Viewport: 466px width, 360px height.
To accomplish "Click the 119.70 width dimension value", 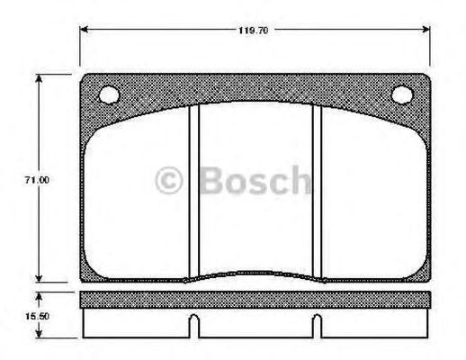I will click(255, 30).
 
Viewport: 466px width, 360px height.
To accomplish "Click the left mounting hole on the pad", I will click(109, 93).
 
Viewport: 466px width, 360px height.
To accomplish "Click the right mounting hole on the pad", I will click(402, 93).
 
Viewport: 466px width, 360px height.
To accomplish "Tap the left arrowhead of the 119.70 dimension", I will click(85, 30).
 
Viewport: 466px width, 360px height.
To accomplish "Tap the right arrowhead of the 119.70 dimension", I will click(427, 30).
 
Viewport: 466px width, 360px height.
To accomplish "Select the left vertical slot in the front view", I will click(193, 189).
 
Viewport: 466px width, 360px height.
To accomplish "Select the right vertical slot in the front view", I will click(317, 189).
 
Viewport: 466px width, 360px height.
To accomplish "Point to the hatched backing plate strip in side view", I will click(255, 300).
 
